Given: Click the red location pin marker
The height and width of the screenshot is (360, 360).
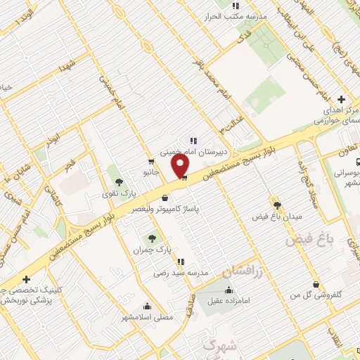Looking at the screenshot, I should tap(181, 165).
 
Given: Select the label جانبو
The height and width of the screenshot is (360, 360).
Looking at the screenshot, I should tap(151, 171).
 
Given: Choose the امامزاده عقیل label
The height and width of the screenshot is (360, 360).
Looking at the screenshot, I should tap(229, 302).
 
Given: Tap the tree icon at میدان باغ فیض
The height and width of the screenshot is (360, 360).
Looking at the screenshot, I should tap(278, 205).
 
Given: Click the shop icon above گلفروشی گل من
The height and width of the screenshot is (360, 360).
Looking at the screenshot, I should tap(316, 285).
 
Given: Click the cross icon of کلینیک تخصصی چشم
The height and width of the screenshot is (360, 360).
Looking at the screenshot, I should tap(26, 279).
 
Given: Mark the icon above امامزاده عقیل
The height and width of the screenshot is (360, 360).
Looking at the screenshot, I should tap(229, 290).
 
